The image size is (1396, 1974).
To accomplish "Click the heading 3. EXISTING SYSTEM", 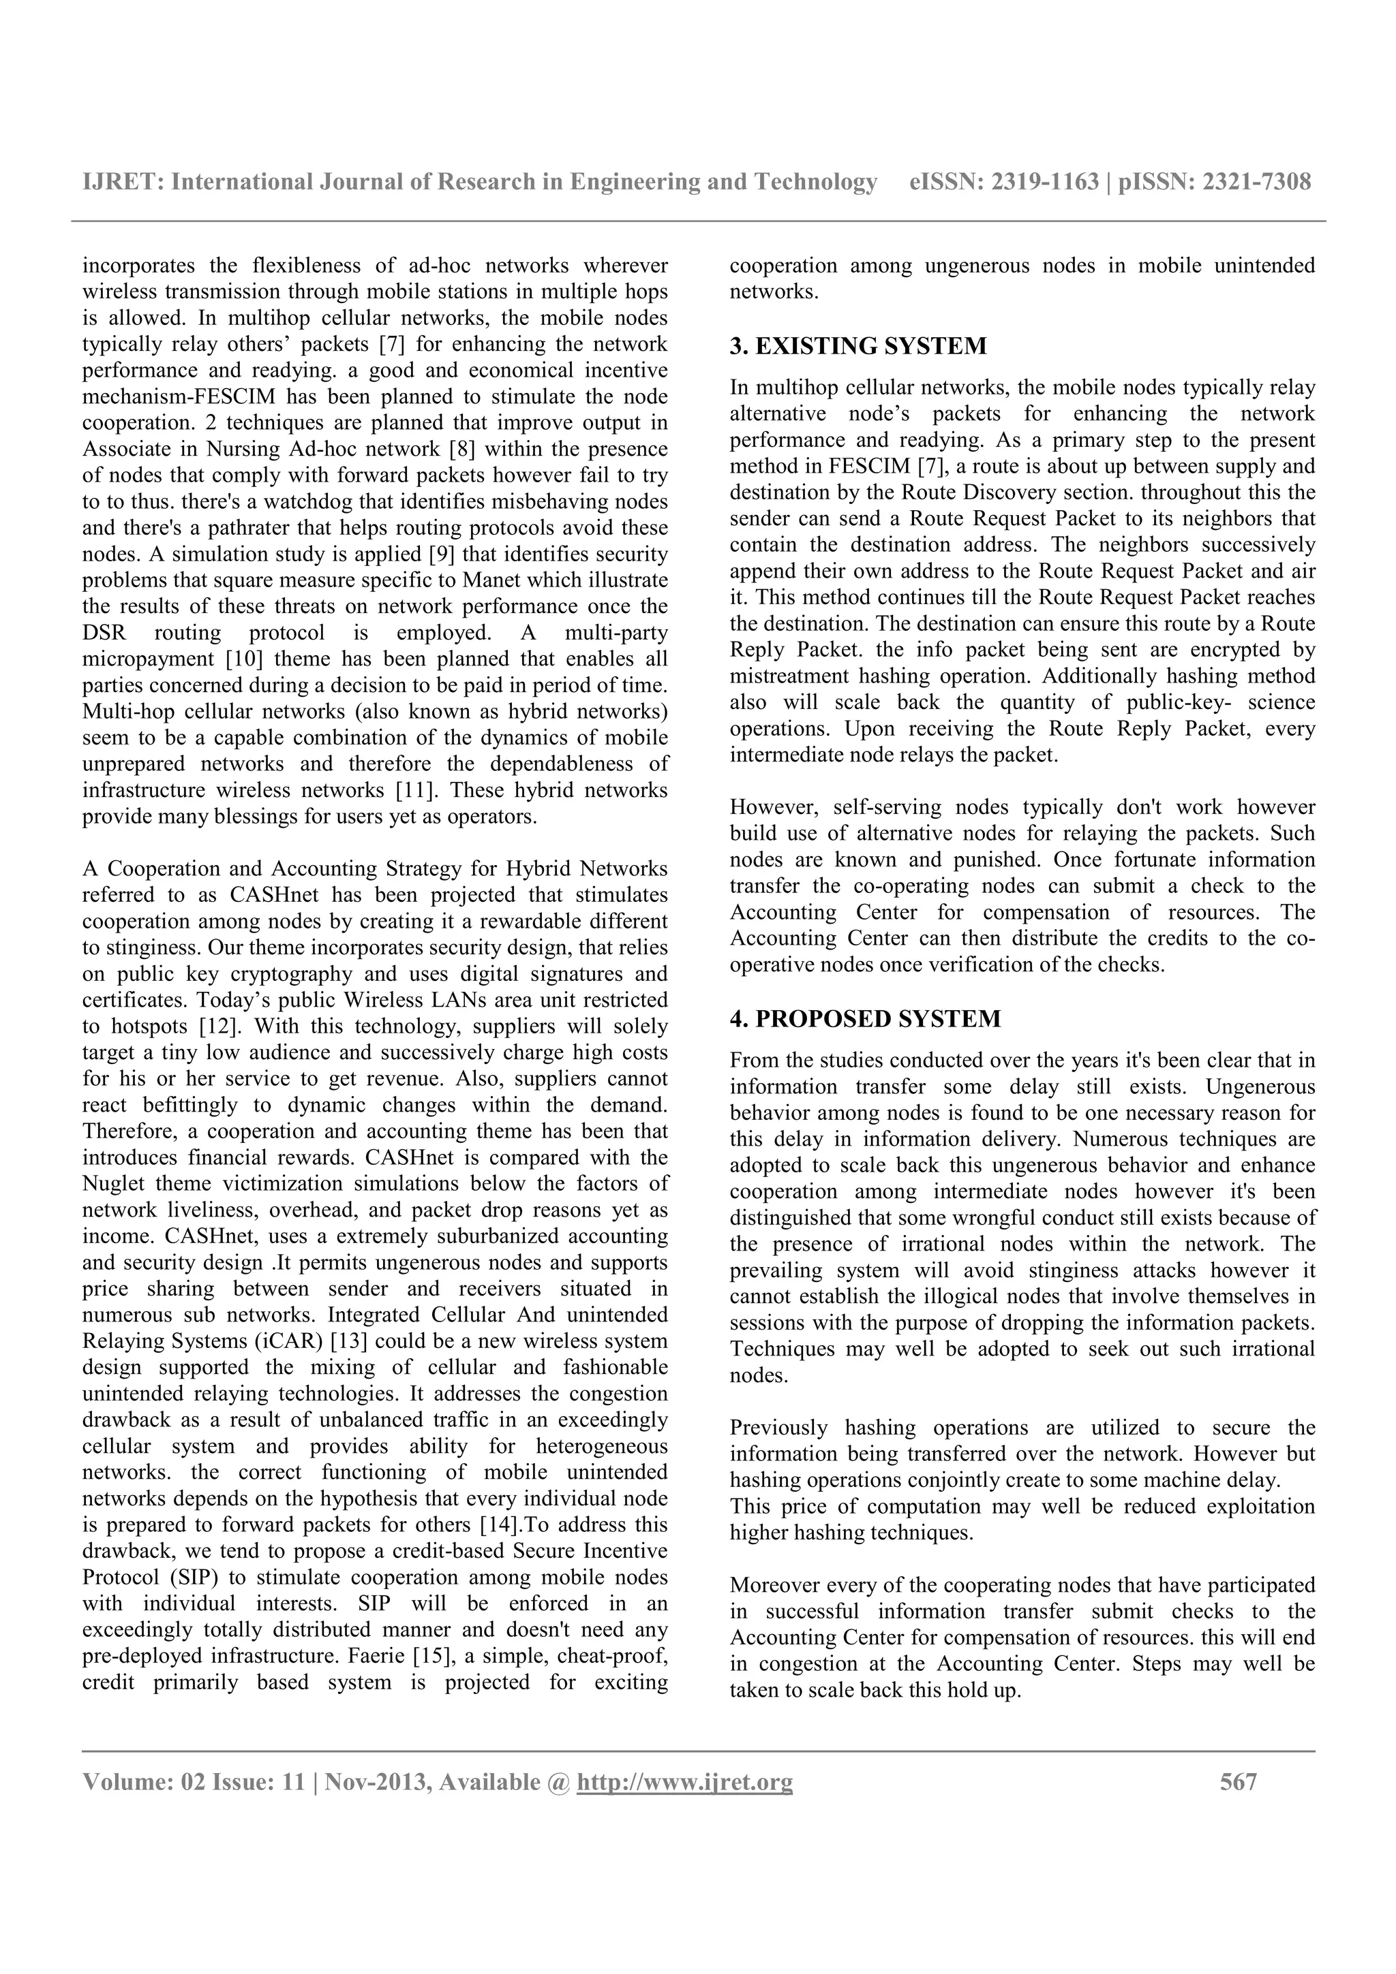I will pyautogui.click(x=858, y=347).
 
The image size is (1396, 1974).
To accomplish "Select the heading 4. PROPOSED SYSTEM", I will pyautogui.click(x=864, y=1019).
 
